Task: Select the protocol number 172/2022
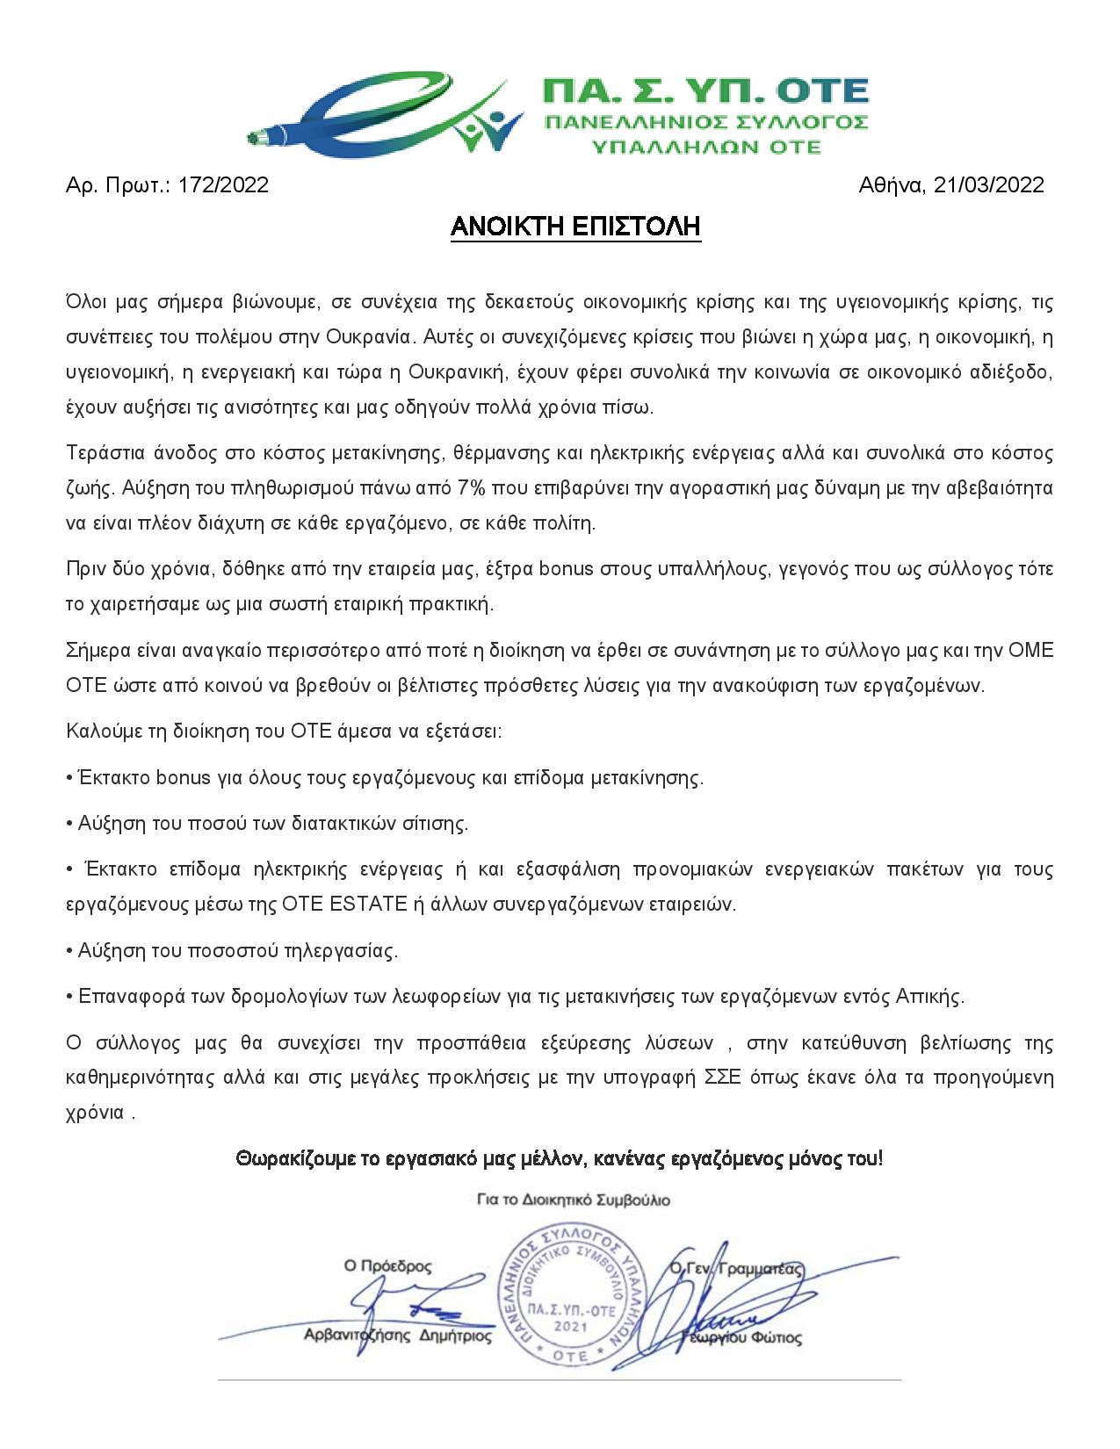click(223, 185)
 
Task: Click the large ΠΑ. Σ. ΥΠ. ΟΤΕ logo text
click(705, 91)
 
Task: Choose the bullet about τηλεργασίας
click(232, 950)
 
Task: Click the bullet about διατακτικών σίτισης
click(267, 824)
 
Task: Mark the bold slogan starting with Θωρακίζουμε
click(559, 1159)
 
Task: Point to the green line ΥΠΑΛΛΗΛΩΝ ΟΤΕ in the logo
click(705, 146)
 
